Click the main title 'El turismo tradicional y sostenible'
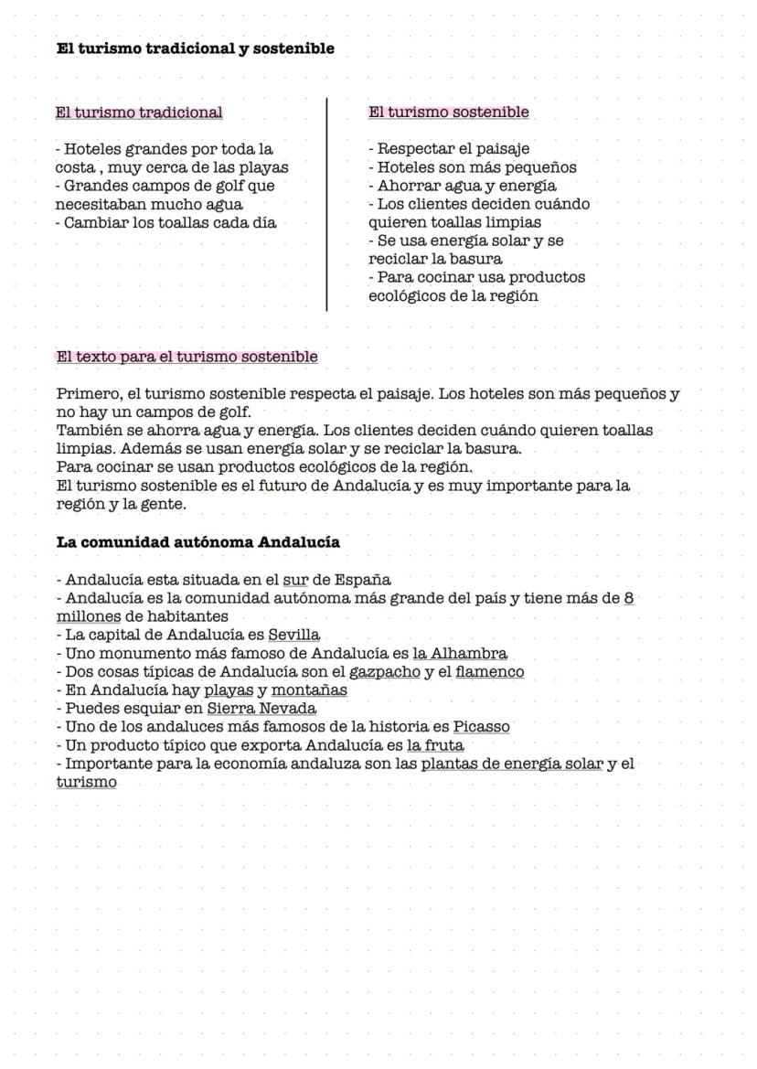pyautogui.click(x=195, y=49)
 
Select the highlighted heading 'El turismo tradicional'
pyautogui.click(x=139, y=112)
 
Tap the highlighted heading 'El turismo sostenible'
pyautogui.click(x=448, y=112)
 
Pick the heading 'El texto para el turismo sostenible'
pyautogui.click(x=187, y=357)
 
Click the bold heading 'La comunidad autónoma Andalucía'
pyautogui.click(x=197, y=542)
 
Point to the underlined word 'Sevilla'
pyautogui.click(x=293, y=635)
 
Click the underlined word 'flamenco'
pyautogui.click(x=489, y=672)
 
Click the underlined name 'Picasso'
pyautogui.click(x=481, y=727)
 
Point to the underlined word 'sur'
pyautogui.click(x=294, y=580)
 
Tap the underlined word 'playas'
pyautogui.click(x=228, y=690)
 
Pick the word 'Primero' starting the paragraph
pyautogui.click(x=86, y=394)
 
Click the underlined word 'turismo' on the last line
pyautogui.click(x=86, y=782)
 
